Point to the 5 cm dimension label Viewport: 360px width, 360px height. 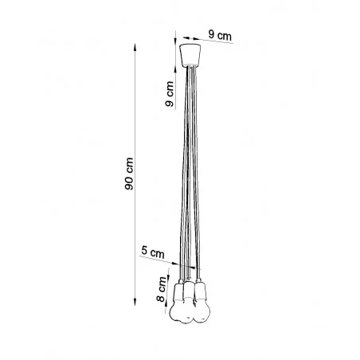pos(152,252)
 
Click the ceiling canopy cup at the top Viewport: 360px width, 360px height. pos(190,56)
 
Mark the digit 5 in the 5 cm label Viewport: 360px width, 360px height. pos(143,252)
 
